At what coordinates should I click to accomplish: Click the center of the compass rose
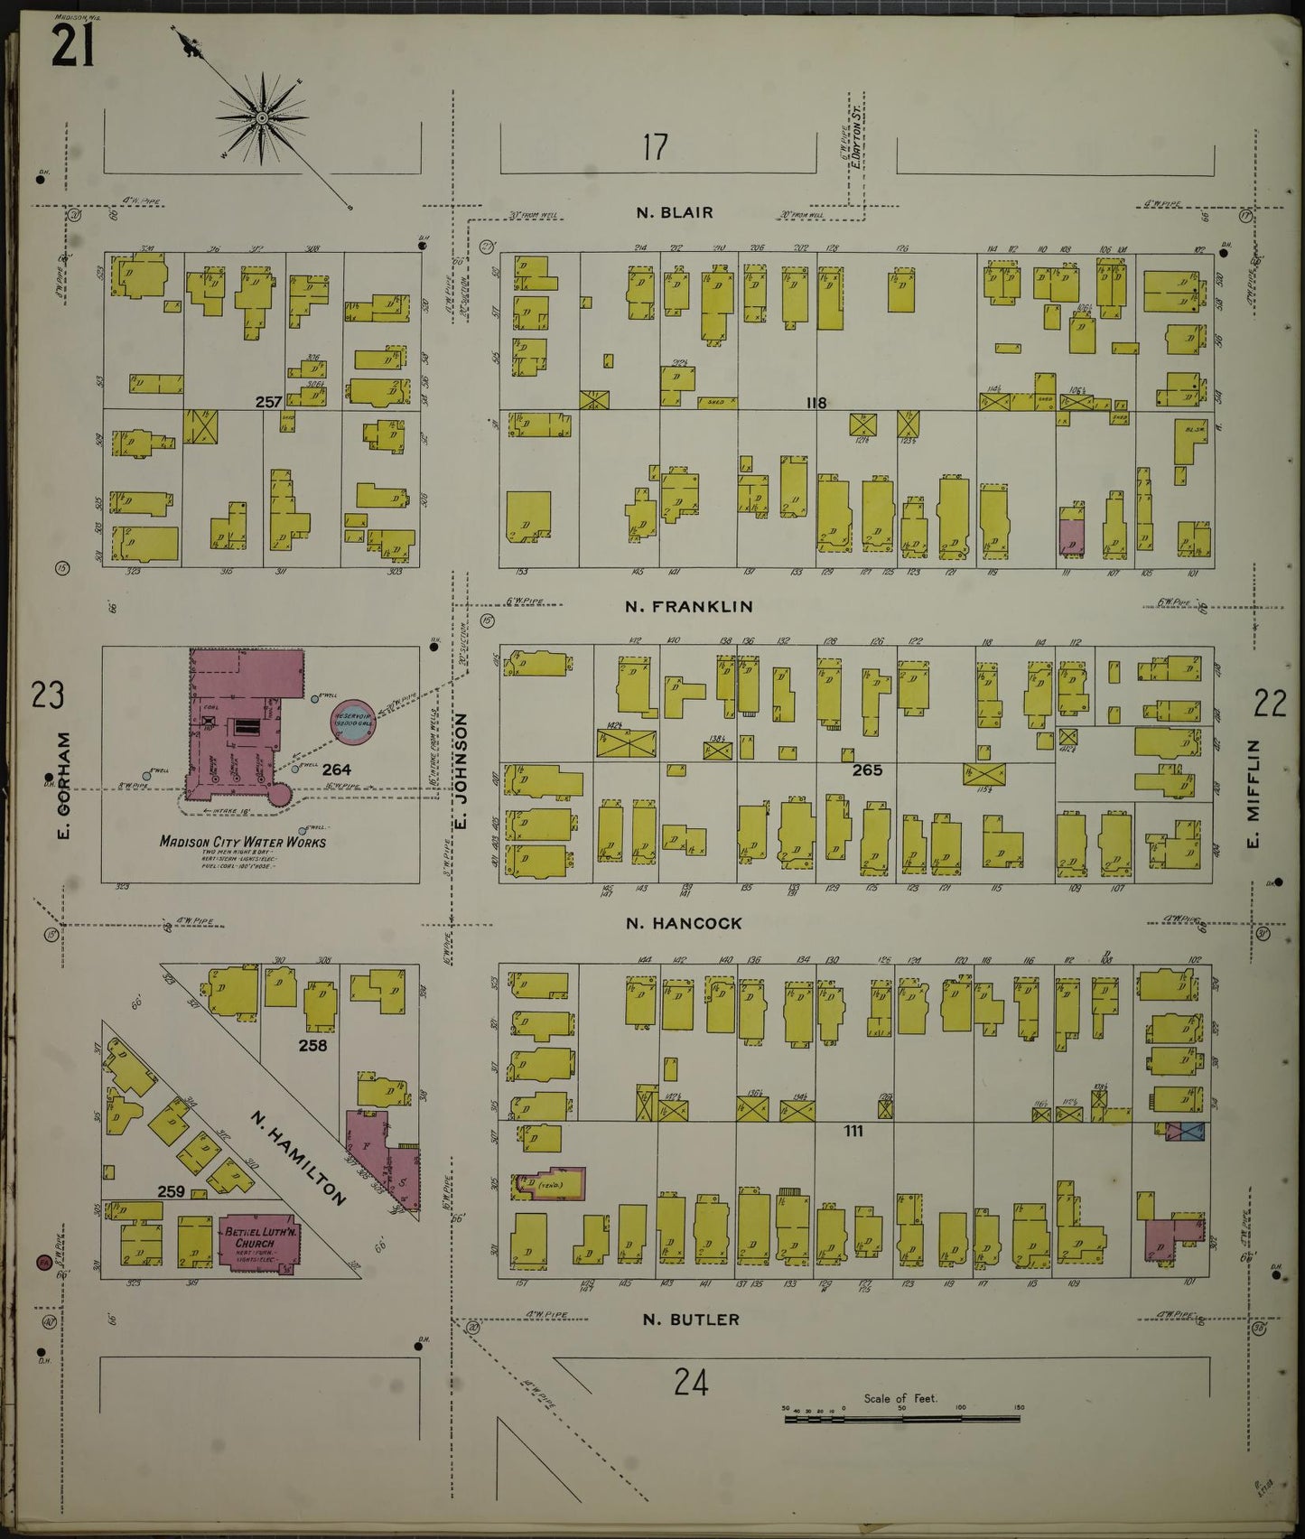[x=261, y=118]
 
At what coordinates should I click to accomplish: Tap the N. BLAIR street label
[x=674, y=213]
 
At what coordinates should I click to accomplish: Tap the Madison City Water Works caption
[x=242, y=843]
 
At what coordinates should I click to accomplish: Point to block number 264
[x=337, y=770]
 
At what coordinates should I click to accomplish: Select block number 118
[x=816, y=403]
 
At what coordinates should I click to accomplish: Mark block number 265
[x=867, y=770]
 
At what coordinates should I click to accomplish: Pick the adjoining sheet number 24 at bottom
[x=691, y=1382]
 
